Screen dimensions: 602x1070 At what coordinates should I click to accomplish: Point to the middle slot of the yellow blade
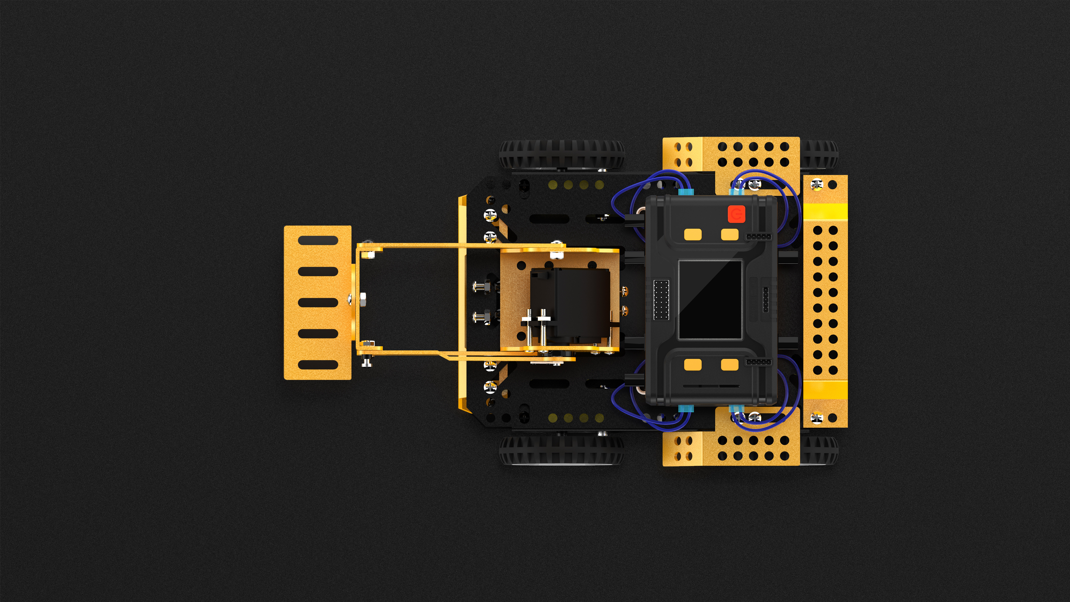[x=318, y=302]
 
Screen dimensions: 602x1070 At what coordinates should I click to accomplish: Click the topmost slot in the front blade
[x=318, y=241]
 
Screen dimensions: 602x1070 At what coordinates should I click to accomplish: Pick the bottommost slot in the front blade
[x=318, y=365]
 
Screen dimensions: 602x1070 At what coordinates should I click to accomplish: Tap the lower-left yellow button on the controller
[x=692, y=365]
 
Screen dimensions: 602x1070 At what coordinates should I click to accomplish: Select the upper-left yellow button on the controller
[x=692, y=235]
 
